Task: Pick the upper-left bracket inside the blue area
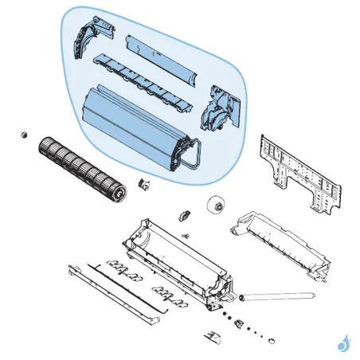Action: point(89,35)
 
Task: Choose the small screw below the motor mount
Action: point(186,235)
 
